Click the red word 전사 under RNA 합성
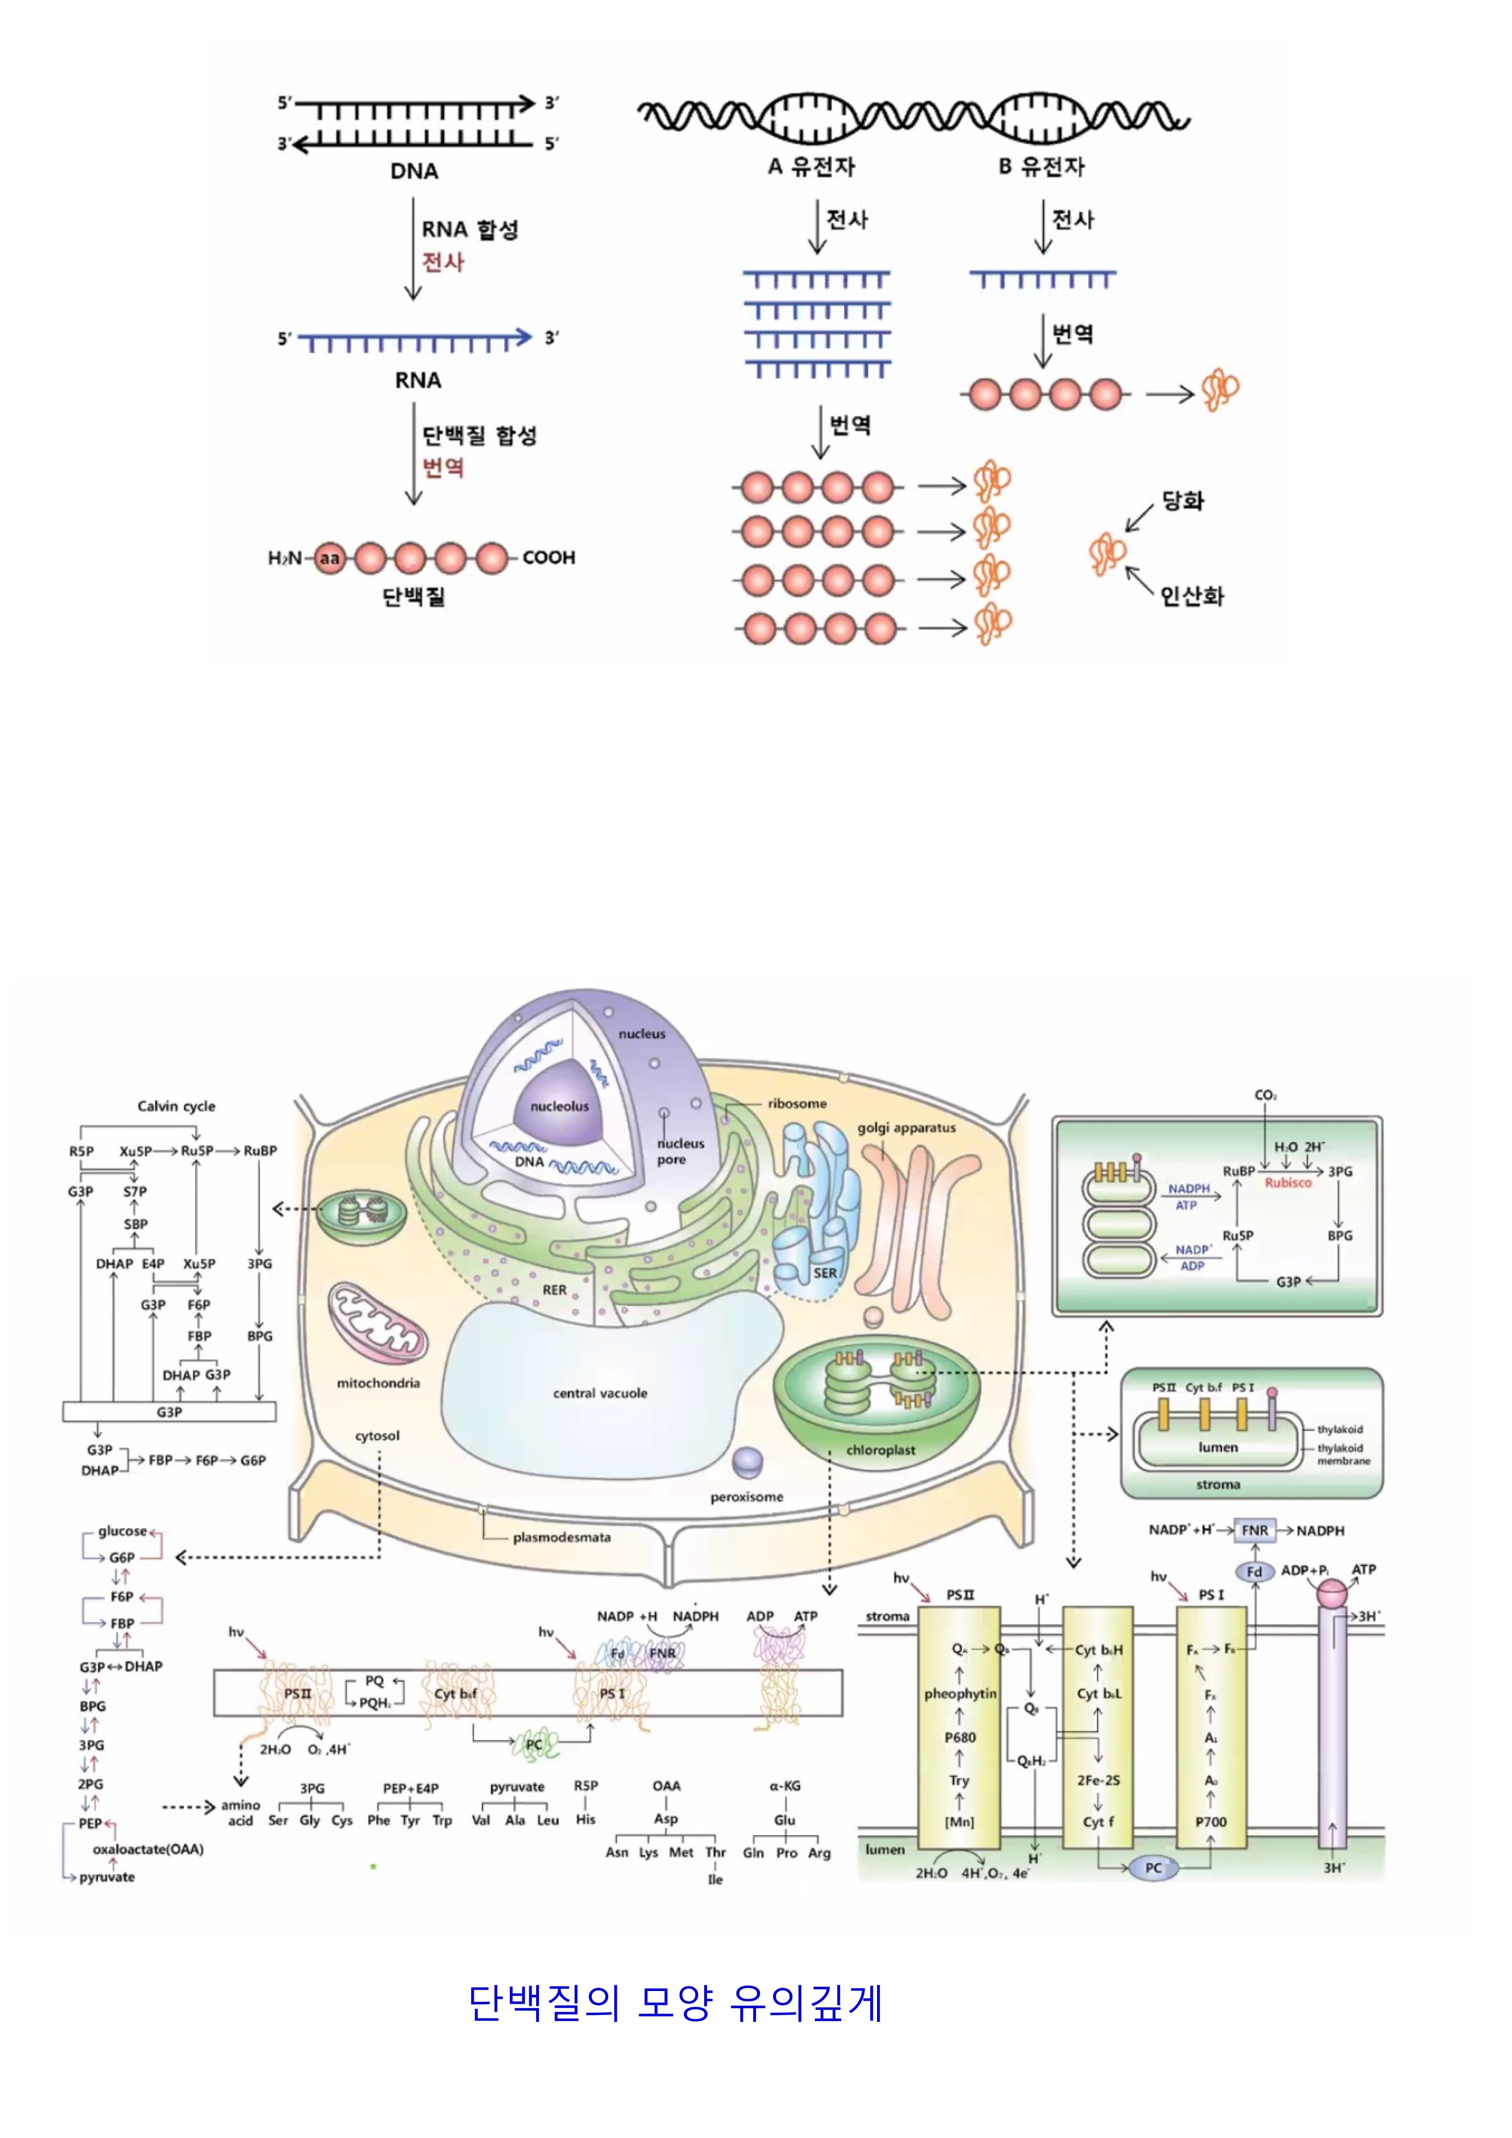(x=443, y=262)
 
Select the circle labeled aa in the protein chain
(x=330, y=558)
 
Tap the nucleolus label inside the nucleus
(x=560, y=1106)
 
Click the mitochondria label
(x=378, y=1383)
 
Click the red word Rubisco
(x=1288, y=1183)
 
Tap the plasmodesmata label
(x=561, y=1537)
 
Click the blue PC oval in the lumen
(x=1153, y=1868)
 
